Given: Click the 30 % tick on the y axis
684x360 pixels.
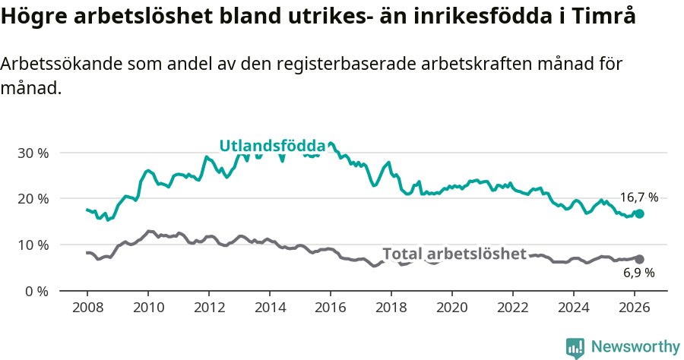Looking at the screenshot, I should pos(33,153).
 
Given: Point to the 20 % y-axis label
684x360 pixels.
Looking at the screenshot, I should pos(33,199).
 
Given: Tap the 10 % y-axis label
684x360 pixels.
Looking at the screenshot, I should pos(33,245).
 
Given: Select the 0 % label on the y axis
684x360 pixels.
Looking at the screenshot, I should pos(36,291).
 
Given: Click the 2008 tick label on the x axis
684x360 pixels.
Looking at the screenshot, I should pos(87,308).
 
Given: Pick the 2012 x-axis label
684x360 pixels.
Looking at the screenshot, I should pos(208,308).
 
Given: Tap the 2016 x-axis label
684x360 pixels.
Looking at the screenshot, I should pos(330,308).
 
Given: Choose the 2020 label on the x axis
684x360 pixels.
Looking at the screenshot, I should pos(451,308).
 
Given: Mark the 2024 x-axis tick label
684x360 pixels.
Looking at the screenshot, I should pos(573,308).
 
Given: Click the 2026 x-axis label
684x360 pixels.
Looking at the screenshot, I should pos(634,308).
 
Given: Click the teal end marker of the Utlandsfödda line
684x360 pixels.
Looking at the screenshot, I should pos(639,214).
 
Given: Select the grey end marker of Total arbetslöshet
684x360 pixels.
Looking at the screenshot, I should pos(639,259).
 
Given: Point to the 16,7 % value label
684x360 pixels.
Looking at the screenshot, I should pos(638,197).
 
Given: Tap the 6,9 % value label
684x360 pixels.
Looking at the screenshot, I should pos(638,273).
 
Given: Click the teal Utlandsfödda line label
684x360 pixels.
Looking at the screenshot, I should pos(272,146).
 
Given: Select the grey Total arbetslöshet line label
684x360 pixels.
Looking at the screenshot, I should pos(454,254).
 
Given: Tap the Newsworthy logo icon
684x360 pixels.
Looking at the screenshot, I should pos(575,347).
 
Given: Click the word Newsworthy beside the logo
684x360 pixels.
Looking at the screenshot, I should pos(635,347).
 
